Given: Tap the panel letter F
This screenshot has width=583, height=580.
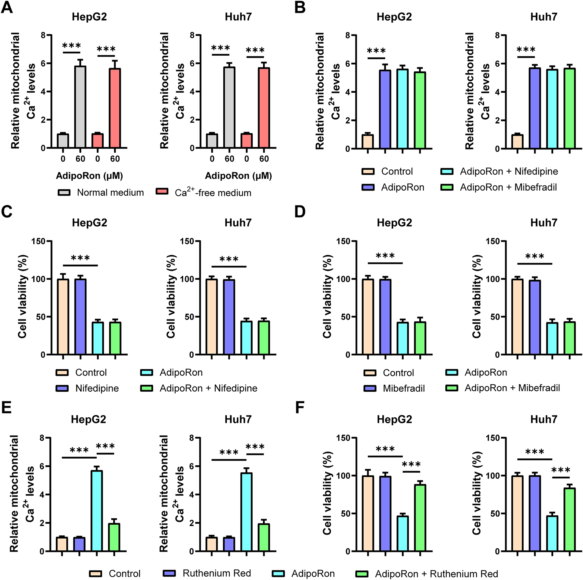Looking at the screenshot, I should click(x=300, y=408).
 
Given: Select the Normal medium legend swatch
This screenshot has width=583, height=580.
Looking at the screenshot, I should click(x=64, y=192).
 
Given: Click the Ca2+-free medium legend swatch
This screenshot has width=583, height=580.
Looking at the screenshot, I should click(x=162, y=192).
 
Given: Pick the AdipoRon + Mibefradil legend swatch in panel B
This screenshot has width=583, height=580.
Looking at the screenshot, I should click(x=447, y=187).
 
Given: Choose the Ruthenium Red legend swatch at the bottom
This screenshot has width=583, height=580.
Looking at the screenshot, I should click(x=169, y=573).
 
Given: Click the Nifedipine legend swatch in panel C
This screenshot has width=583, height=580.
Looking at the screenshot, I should click(x=62, y=388).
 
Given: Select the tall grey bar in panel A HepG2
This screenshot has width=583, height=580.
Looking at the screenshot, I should click(x=80, y=107).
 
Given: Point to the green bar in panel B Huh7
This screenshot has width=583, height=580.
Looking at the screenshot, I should click(x=570, y=109).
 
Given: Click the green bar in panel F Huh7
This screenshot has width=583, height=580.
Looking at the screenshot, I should click(x=570, y=519).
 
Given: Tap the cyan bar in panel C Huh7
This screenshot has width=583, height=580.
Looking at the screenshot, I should click(x=247, y=338).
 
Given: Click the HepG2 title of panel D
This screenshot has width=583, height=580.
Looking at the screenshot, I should click(x=394, y=223).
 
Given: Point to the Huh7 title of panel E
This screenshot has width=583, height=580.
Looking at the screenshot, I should click(x=238, y=419).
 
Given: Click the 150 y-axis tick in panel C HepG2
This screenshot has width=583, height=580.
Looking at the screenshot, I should click(x=38, y=241).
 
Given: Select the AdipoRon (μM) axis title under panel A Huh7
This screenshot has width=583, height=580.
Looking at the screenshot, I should click(x=238, y=176).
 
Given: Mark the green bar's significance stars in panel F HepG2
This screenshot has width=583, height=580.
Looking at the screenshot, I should click(x=411, y=464).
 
